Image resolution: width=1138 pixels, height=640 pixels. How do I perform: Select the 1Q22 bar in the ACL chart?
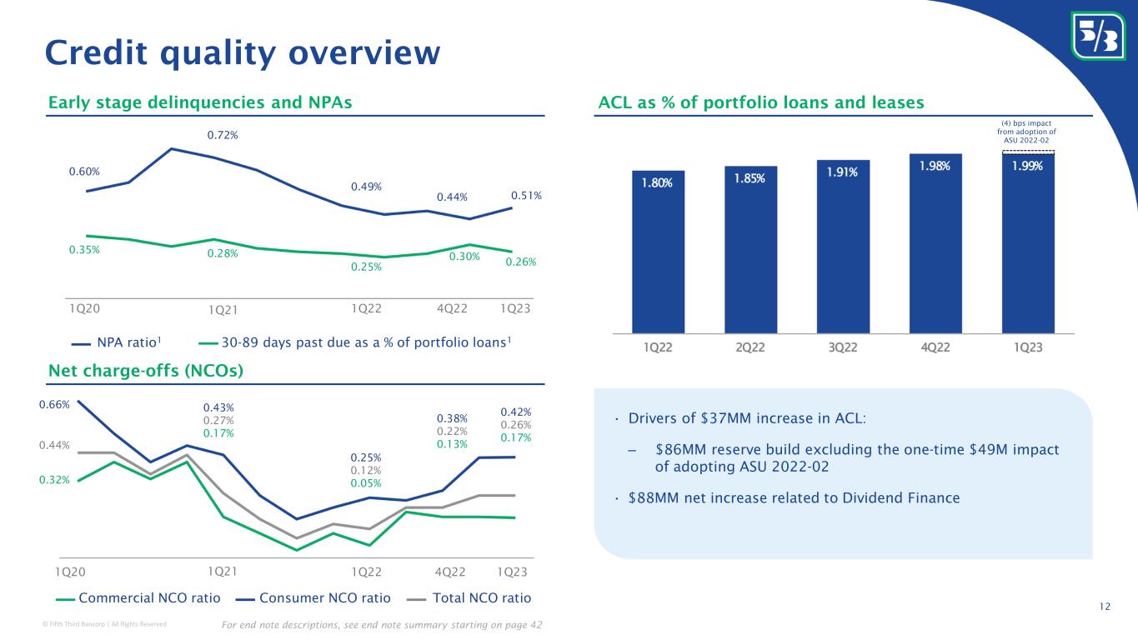(x=658, y=251)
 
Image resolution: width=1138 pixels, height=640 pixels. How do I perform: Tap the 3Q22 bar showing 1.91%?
(x=843, y=246)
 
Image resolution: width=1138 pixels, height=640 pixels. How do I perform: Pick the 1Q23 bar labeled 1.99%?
(x=1027, y=242)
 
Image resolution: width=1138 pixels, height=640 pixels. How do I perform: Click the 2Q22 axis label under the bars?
(x=750, y=347)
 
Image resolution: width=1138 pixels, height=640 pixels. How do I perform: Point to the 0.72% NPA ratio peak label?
(x=221, y=135)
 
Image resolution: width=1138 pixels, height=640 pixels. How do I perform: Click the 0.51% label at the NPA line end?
(x=526, y=196)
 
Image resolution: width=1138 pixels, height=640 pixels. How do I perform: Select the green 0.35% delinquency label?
(x=84, y=249)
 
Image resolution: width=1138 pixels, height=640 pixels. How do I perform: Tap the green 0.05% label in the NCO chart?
(x=364, y=483)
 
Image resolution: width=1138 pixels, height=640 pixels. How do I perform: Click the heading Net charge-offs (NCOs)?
(x=145, y=372)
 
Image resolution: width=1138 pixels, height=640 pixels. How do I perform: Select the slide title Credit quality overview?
(x=242, y=52)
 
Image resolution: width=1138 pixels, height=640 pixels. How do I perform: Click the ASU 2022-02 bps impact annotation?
(x=1026, y=132)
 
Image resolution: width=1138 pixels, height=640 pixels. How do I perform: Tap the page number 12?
(x=1105, y=606)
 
